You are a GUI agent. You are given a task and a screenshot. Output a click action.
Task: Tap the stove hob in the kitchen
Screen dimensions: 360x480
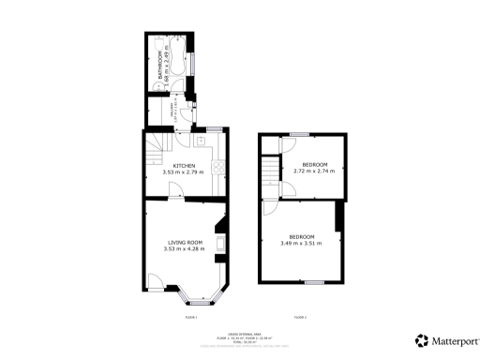tap(217, 169)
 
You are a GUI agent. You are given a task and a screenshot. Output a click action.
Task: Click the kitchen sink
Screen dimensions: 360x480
tap(201, 140)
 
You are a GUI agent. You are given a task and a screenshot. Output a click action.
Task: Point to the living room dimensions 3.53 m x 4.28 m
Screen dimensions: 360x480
tap(183, 248)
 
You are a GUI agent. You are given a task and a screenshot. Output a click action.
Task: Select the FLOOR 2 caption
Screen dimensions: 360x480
tap(301, 319)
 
